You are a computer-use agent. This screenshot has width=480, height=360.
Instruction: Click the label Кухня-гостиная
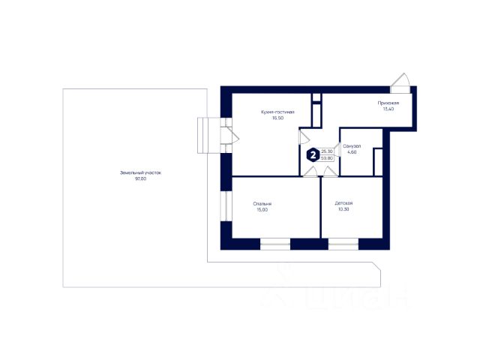coord(277,112)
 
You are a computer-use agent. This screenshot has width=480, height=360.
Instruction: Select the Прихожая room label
coord(388,103)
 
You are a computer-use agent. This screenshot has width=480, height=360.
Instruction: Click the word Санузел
coord(352,145)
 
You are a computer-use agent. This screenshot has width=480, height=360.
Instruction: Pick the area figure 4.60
coord(352,151)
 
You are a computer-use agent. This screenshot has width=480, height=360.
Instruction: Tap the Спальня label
coord(262,203)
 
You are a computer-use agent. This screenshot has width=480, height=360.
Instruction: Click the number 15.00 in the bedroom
coord(262,209)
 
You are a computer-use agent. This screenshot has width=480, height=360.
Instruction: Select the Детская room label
coord(344,203)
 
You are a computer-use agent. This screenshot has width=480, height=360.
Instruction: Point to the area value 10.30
coord(344,209)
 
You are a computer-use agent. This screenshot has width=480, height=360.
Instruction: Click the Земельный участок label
coord(140,172)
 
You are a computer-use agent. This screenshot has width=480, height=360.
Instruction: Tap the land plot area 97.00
coord(140,178)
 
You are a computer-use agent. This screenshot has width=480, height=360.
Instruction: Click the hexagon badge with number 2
coord(311,155)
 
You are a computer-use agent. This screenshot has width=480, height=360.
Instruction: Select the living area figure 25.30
coord(326,151)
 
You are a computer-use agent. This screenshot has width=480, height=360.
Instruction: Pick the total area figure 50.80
coord(326,158)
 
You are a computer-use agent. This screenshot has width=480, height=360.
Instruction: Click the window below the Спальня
coord(274,243)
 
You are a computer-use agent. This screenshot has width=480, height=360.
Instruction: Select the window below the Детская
coord(343,243)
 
